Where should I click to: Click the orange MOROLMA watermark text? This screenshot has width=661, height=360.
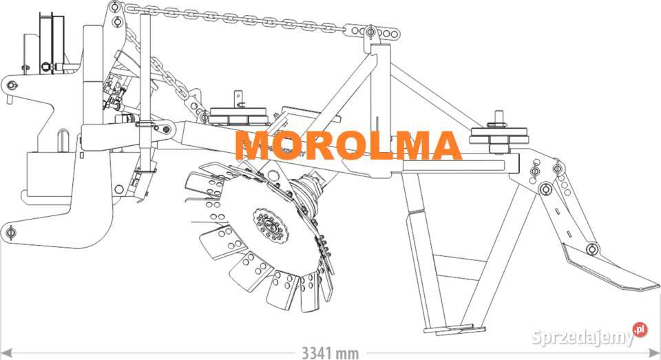(348, 145)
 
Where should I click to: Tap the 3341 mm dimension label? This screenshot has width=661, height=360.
(330, 352)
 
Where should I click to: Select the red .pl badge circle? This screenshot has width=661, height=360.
(640, 329)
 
